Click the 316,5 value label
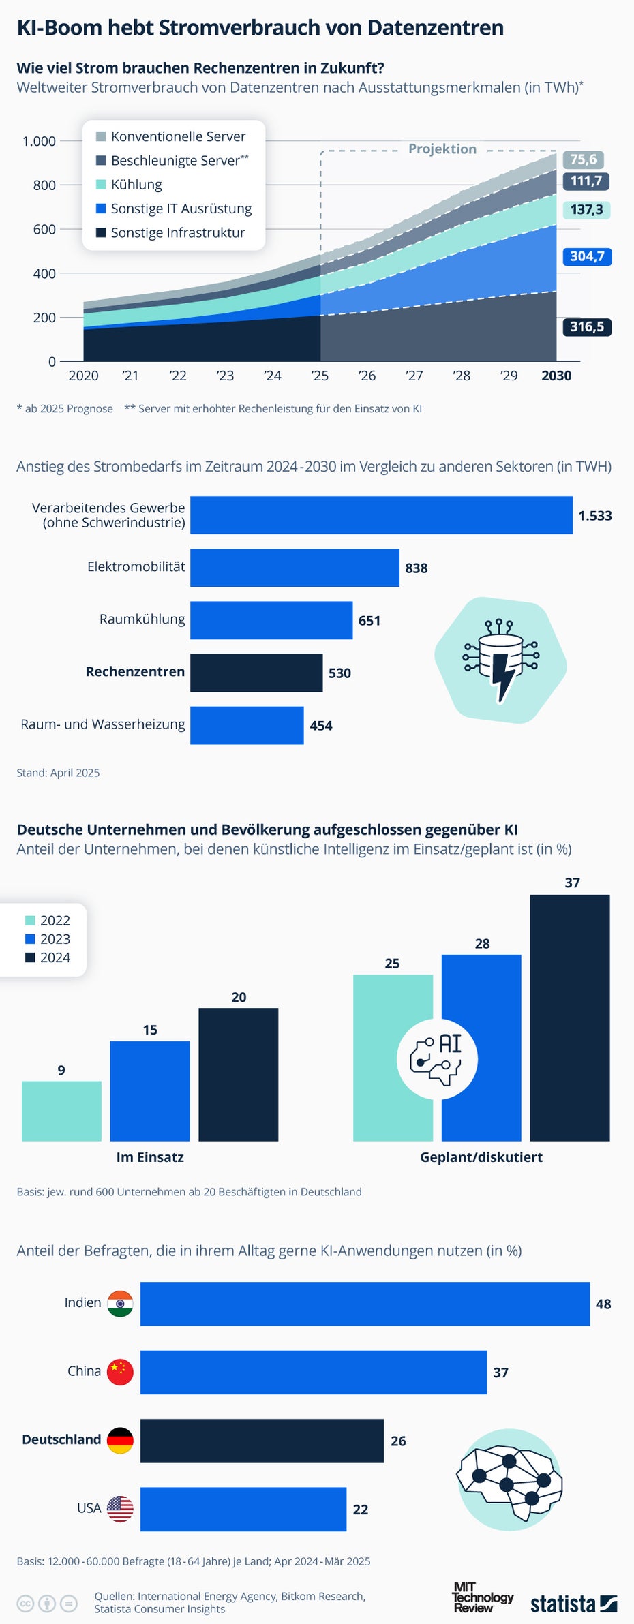click(x=586, y=326)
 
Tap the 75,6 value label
click(x=583, y=159)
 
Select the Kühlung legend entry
click(x=136, y=185)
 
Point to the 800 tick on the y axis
click(x=44, y=185)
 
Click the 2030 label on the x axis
click(x=556, y=376)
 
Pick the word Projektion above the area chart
click(x=442, y=149)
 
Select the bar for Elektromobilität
click(x=295, y=568)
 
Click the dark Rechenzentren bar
click(x=256, y=673)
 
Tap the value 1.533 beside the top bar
click(x=595, y=516)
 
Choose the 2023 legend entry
click(x=48, y=939)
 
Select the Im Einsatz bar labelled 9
click(x=61, y=1111)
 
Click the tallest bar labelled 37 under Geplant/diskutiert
click(x=570, y=1017)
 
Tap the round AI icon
click(x=437, y=1058)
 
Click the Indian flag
click(x=120, y=1304)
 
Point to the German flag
click(x=120, y=1441)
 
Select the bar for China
click(x=314, y=1373)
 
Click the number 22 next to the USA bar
click(x=361, y=1510)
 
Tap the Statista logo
click(x=573, y=1604)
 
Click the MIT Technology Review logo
click(x=482, y=1597)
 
